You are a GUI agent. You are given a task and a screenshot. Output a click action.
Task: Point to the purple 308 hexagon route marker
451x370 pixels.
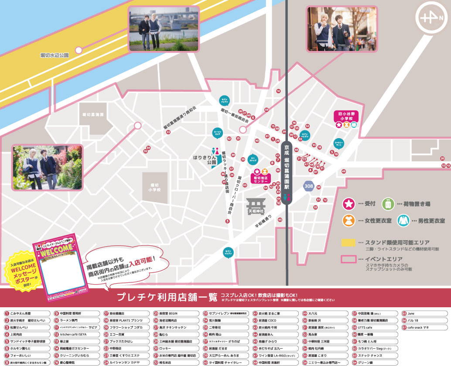tap(309, 186)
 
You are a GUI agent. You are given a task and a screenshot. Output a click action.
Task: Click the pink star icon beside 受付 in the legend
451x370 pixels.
tap(348, 204)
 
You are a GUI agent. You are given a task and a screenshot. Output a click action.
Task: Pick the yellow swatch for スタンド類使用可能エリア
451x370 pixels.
tap(348, 242)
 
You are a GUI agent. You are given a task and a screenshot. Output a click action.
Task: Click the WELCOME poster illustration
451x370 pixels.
tap(61, 267)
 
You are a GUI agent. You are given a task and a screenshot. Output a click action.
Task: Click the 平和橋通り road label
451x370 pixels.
tap(263, 222)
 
